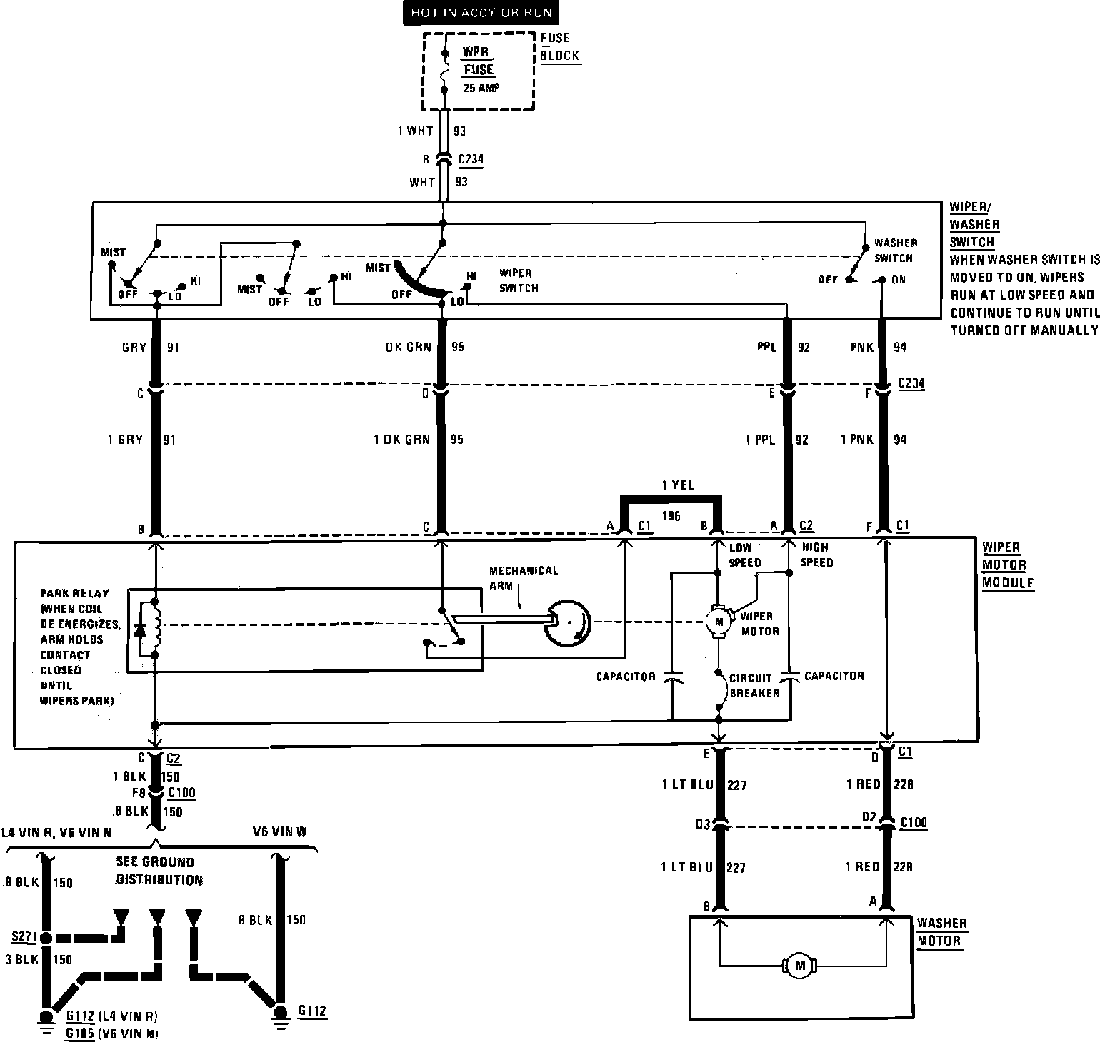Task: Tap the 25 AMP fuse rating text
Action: (x=481, y=88)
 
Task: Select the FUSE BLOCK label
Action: (x=559, y=47)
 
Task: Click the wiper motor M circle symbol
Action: (x=719, y=622)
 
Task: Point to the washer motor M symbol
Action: (x=799, y=966)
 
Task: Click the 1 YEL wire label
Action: (x=677, y=485)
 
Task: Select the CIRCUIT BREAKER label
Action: (x=754, y=685)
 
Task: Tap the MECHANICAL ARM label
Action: (x=523, y=577)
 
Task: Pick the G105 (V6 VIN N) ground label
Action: (x=111, y=1033)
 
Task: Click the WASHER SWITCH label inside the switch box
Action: (x=894, y=251)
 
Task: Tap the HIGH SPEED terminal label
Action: (x=816, y=555)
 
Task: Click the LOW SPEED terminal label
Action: (x=744, y=555)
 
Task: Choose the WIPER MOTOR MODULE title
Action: (x=1007, y=565)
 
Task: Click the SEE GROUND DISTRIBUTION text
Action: (x=159, y=871)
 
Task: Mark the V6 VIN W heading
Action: (x=279, y=832)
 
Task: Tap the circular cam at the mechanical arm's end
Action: (x=567, y=622)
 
